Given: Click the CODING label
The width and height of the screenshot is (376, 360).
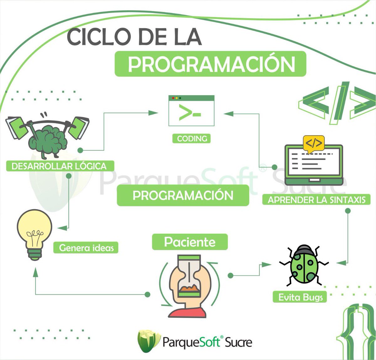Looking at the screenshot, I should (x=191, y=138).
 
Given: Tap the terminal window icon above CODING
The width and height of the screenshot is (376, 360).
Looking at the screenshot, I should (x=191, y=111).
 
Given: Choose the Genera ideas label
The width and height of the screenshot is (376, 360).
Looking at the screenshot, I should (x=86, y=248).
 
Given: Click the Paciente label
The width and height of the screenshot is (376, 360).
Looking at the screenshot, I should (x=190, y=242).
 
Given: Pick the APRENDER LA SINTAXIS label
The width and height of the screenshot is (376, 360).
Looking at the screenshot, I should (x=316, y=199).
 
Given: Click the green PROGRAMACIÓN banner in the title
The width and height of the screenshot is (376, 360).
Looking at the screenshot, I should (x=210, y=64).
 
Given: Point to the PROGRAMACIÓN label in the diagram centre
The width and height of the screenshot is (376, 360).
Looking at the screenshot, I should (x=183, y=195).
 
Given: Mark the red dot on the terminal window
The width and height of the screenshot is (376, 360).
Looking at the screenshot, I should (x=173, y=98).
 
